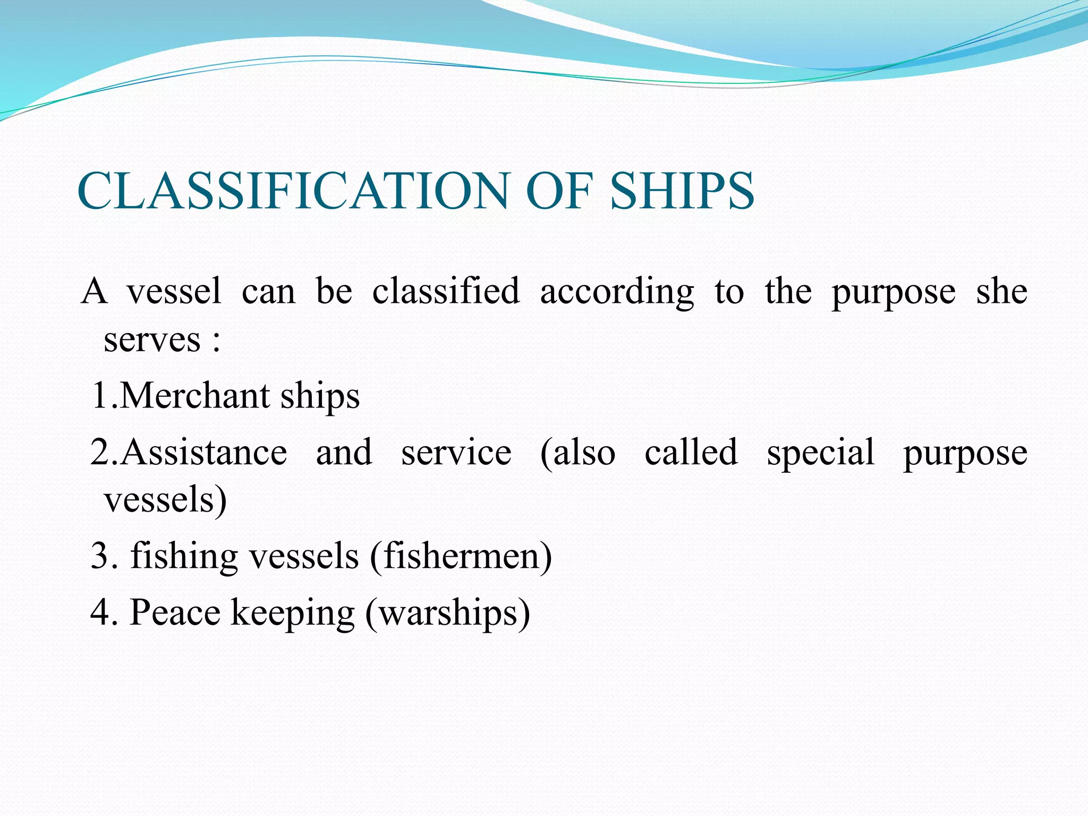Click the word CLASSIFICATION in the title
click(x=292, y=191)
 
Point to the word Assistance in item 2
click(x=205, y=453)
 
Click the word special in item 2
click(x=820, y=453)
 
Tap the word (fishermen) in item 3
click(x=461, y=556)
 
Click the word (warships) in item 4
click(x=447, y=613)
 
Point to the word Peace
click(x=175, y=613)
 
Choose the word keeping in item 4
click(x=293, y=613)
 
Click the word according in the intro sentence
click(x=617, y=292)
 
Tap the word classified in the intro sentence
click(x=446, y=292)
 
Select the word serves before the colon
click(x=152, y=340)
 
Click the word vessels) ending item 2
click(x=165, y=500)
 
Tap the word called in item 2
click(x=691, y=453)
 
